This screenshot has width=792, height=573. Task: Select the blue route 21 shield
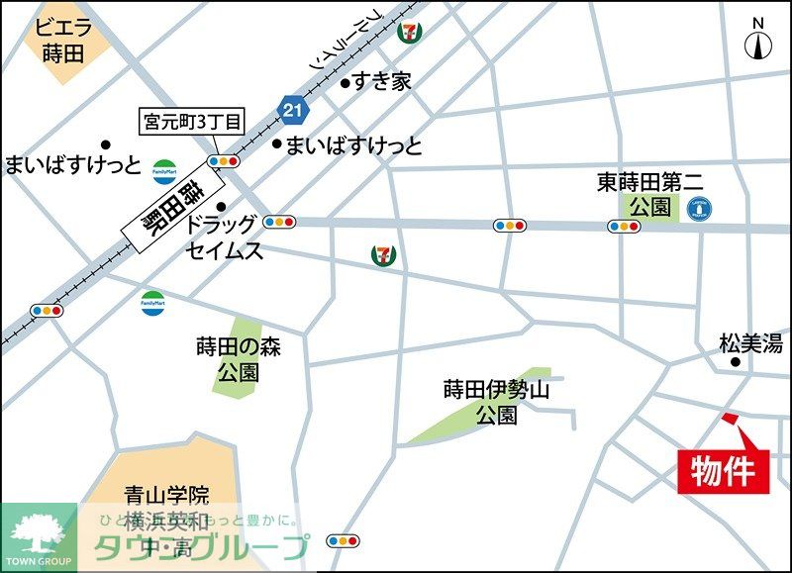click(x=290, y=110)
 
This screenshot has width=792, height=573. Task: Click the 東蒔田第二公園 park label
click(x=648, y=194)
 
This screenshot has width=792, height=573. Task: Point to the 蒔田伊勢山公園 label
click(x=495, y=402)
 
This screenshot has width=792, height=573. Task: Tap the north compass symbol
click(x=758, y=42)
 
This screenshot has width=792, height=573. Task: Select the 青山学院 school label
click(x=166, y=495)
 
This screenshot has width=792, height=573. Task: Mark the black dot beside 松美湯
click(x=735, y=363)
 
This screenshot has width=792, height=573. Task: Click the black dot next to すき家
click(x=345, y=83)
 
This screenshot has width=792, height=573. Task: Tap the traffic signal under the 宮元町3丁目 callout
click(x=224, y=161)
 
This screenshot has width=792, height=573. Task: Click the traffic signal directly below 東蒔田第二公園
click(x=623, y=227)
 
